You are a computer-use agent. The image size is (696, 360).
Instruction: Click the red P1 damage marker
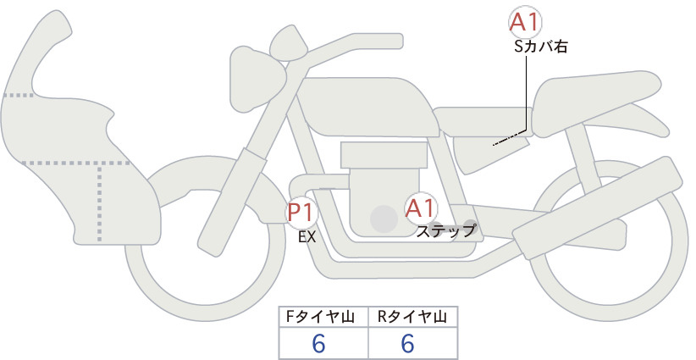(x=301, y=212)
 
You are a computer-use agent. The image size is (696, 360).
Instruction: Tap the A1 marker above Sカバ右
(x=525, y=22)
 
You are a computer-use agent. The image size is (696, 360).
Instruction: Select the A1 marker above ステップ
(x=421, y=208)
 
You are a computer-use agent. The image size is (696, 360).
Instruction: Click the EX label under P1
(x=307, y=237)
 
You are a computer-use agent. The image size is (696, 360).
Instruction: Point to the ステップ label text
(x=445, y=231)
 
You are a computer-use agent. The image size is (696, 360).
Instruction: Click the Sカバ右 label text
(x=541, y=47)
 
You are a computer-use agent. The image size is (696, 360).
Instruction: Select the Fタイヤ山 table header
(x=320, y=317)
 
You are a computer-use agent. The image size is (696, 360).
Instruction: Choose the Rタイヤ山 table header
(x=412, y=317)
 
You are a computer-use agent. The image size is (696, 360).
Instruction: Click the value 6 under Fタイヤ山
(x=318, y=343)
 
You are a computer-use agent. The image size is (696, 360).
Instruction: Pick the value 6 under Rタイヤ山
(x=407, y=343)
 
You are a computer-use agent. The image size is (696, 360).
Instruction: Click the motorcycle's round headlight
(x=257, y=78)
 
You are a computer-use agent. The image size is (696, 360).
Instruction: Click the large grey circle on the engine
(x=384, y=219)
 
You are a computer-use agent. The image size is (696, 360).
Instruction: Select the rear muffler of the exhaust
(x=597, y=202)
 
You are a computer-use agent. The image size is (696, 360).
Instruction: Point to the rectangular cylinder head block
(x=384, y=155)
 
